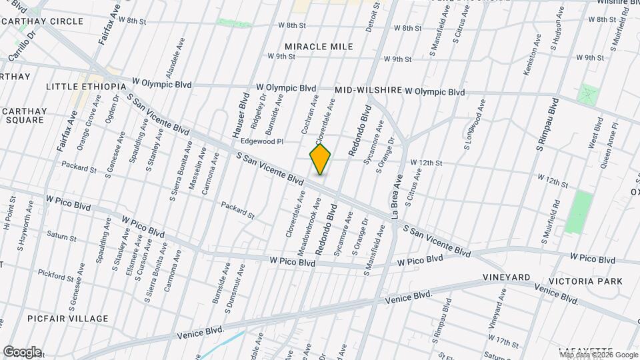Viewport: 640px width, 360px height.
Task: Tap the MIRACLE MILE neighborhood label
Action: (x=319, y=47)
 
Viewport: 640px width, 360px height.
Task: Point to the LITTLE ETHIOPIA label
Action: (x=86, y=87)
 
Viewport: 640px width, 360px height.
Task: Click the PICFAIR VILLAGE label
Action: (x=68, y=319)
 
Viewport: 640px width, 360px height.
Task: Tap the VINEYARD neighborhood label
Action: (x=507, y=277)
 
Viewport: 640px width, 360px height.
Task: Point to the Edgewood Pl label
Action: (x=262, y=141)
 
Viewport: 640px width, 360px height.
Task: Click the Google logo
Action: (x=22, y=351)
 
